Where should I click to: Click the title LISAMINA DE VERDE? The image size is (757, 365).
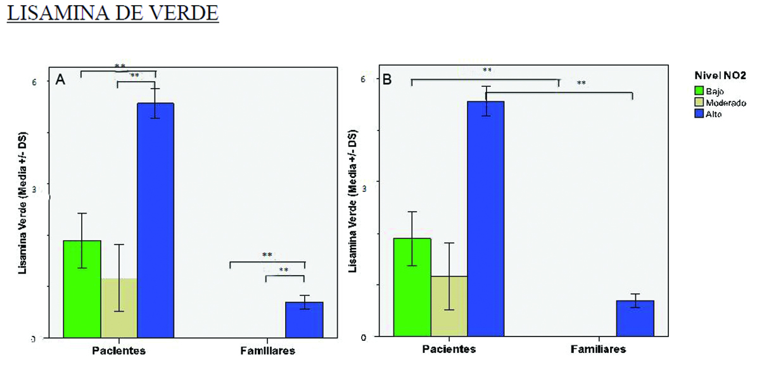coord(112,13)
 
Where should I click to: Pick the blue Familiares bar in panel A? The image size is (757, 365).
coord(305,320)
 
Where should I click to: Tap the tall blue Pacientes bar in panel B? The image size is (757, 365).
coord(486,219)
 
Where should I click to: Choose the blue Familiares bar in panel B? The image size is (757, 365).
coord(635,318)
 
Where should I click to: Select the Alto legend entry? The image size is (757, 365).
coord(715,115)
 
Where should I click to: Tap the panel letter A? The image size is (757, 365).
coord(61,79)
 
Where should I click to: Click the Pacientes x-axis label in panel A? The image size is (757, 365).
coord(119,350)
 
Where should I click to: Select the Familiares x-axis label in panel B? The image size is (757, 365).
coord(599,349)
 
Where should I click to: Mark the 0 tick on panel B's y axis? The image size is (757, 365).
coord(365,336)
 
